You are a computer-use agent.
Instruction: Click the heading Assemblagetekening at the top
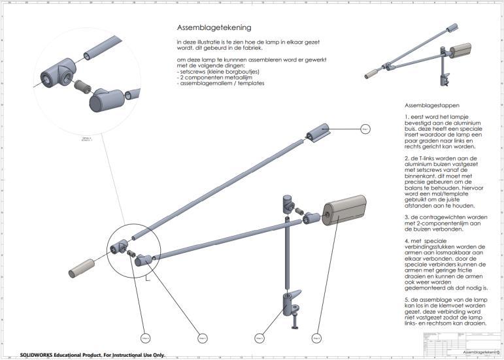click(214, 28)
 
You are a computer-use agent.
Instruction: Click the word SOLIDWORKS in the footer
click(39, 355)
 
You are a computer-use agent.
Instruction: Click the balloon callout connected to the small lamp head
click(365, 129)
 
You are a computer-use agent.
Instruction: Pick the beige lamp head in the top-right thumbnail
click(463, 52)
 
